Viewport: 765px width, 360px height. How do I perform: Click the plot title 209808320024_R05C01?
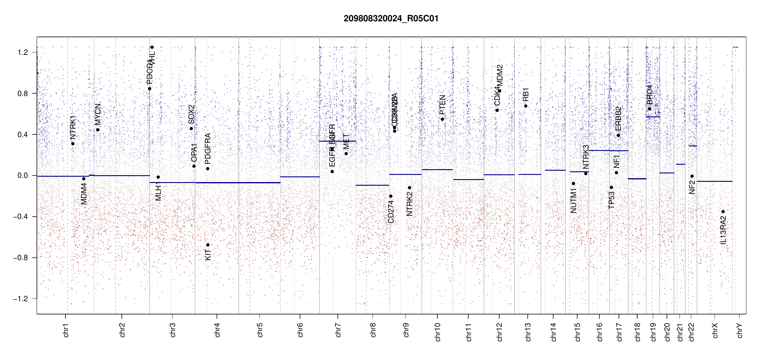(x=391, y=19)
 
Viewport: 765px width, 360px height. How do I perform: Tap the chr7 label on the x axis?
(x=338, y=330)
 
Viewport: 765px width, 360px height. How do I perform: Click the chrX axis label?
(x=715, y=330)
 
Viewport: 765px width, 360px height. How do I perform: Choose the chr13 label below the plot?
(x=528, y=332)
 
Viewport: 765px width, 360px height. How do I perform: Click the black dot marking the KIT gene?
(x=208, y=245)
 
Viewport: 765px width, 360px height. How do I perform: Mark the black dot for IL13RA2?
(x=723, y=212)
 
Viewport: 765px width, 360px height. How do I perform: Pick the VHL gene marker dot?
(x=152, y=47)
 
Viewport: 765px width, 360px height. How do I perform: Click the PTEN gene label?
(x=442, y=105)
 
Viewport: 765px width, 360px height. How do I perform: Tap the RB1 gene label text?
(x=526, y=94)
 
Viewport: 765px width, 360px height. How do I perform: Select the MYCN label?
(x=97, y=114)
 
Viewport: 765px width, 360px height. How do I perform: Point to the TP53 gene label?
(x=611, y=200)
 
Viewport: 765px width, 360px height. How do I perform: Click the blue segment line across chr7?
(x=337, y=141)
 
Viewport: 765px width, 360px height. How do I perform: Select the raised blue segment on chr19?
(x=652, y=117)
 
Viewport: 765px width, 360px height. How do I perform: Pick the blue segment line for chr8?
(x=372, y=185)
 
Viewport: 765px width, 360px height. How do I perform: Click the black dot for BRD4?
(x=649, y=109)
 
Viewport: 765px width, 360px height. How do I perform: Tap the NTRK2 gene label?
(x=409, y=204)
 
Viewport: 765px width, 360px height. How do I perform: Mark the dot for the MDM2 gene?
(x=499, y=91)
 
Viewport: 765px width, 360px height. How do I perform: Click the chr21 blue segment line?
(x=681, y=164)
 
